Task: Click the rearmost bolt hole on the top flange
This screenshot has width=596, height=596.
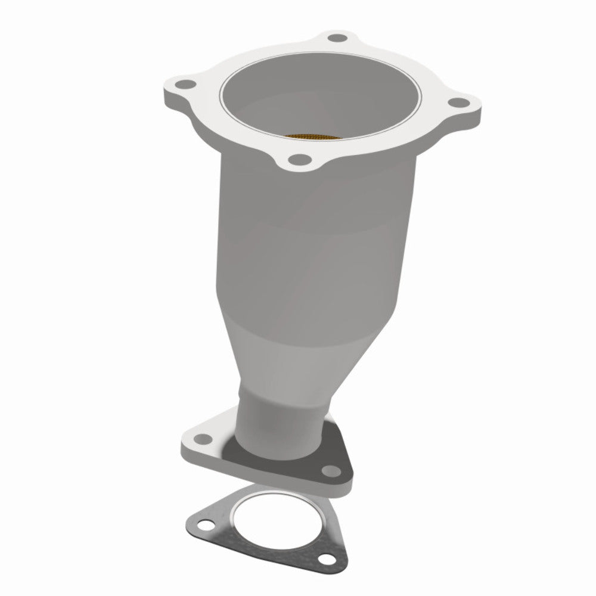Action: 338,39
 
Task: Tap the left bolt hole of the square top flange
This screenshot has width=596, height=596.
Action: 185,84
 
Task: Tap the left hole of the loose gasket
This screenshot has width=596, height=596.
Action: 206,525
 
